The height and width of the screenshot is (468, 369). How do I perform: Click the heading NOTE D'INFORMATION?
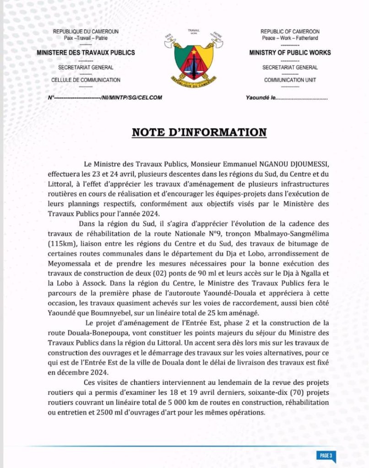pos(199,133)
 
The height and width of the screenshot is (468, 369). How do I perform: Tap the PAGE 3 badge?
pos(326,455)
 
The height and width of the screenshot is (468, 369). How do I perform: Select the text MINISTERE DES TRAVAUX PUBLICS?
pos(86,53)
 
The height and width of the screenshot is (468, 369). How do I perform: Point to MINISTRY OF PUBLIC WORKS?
pos(290,53)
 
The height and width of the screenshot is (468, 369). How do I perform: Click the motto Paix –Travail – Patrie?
pos(86,38)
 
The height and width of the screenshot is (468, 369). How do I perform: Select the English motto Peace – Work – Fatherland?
pos(290,38)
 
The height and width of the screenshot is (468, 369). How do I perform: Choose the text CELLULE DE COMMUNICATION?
pos(86,80)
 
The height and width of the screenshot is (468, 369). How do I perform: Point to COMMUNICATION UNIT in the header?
pos(290,80)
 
